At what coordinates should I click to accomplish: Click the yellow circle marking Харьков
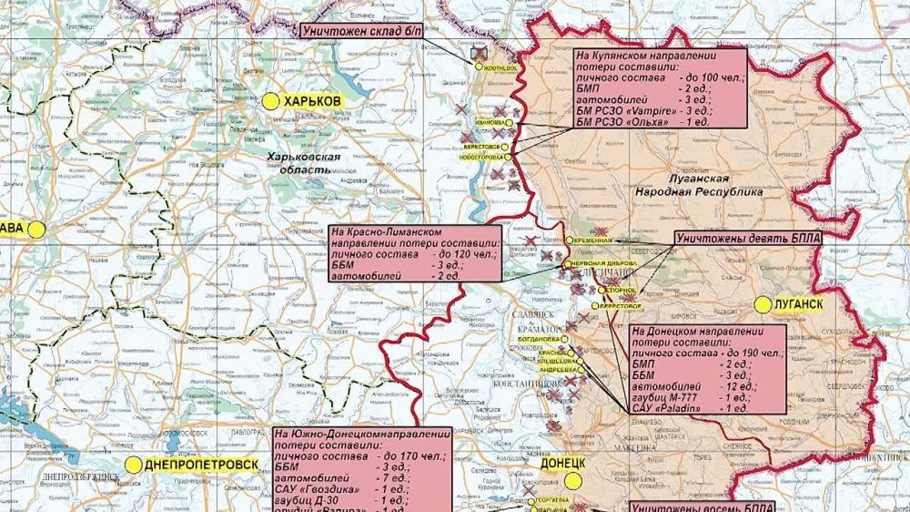pos(269,102)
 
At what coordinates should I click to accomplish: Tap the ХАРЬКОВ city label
pos(312,102)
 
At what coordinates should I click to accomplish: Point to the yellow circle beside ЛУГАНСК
pos(762,304)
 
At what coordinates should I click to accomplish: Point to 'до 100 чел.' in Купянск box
pos(711,80)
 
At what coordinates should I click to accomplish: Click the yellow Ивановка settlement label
pos(488,122)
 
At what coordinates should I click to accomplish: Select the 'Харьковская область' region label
pos(303,163)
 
